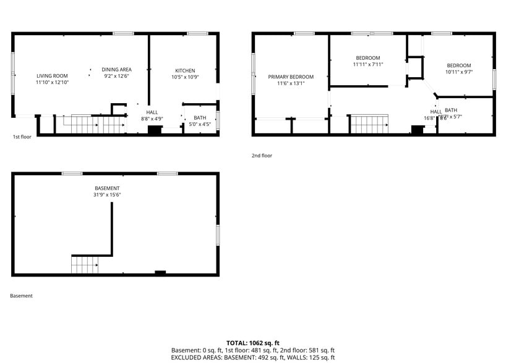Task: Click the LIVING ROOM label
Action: (52, 75)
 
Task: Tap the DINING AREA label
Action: (117, 69)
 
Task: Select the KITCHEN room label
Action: (185, 70)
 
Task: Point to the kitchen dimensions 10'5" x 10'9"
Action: (185, 77)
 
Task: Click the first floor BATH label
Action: (200, 117)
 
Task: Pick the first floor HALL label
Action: (152, 112)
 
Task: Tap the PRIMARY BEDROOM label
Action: (291, 77)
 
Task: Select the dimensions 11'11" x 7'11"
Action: (368, 64)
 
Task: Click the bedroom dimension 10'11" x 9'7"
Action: (459, 72)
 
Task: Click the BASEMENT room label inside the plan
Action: (107, 188)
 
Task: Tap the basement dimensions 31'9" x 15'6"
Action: (107, 195)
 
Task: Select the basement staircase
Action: (85, 265)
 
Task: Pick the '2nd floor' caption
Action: (262, 156)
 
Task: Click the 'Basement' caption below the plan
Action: (21, 296)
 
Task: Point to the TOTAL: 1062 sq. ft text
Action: (253, 343)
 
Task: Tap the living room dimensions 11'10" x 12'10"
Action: (52, 82)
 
